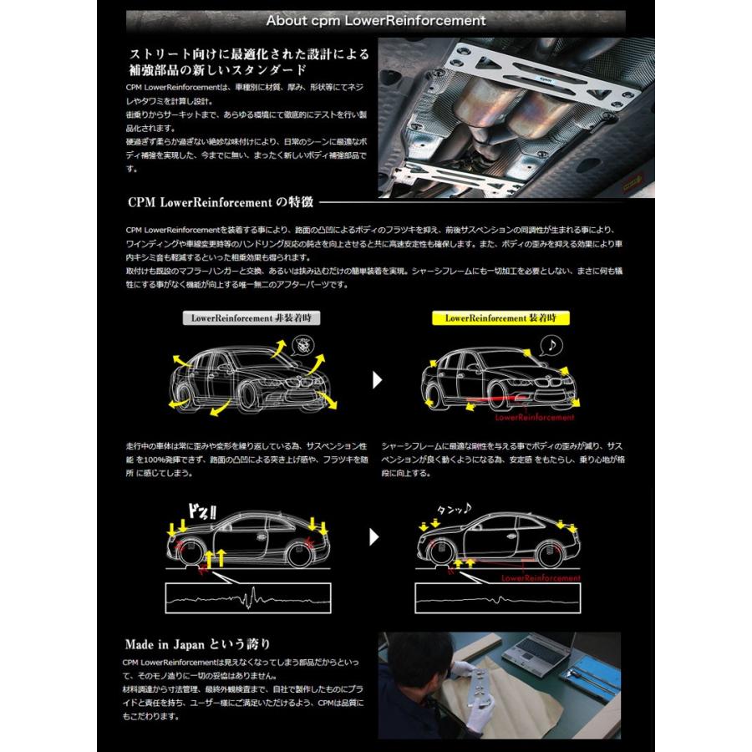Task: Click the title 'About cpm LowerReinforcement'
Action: [x=375, y=20]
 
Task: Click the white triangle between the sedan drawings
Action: [x=377, y=381]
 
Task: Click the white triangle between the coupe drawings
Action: [x=374, y=536]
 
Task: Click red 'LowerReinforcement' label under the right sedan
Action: [x=535, y=417]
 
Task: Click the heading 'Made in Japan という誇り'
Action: [x=197, y=643]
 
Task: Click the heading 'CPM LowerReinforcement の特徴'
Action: [x=221, y=201]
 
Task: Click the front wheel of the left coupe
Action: [x=191, y=553]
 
